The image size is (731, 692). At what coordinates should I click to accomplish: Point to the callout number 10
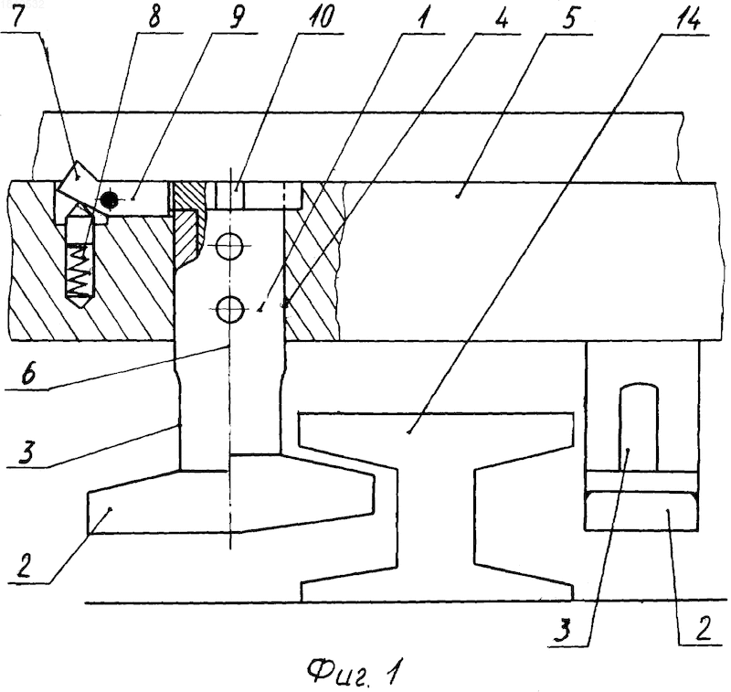coord(320,16)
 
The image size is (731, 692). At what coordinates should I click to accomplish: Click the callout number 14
coord(687,17)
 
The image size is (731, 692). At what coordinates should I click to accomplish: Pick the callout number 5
coord(569,16)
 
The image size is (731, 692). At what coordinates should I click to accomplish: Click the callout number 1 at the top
coord(422,16)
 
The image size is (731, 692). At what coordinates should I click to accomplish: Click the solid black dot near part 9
coord(109,200)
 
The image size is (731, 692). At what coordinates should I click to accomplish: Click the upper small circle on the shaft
coord(230,246)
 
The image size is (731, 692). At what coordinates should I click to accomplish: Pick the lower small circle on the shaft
coord(230,309)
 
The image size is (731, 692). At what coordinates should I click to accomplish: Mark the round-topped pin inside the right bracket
coord(638,427)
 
